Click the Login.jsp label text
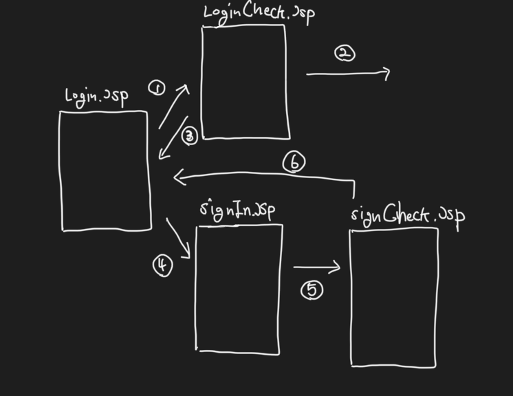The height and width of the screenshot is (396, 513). pyautogui.click(x=96, y=96)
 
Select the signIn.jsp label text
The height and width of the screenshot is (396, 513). pyautogui.click(x=238, y=209)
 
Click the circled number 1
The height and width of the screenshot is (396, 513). pyautogui.click(x=157, y=88)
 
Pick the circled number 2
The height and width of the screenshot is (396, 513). pyautogui.click(x=345, y=53)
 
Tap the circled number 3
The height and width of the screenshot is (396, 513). pyautogui.click(x=190, y=136)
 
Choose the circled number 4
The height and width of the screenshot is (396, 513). pyautogui.click(x=162, y=265)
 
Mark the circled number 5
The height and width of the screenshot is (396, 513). pyautogui.click(x=312, y=291)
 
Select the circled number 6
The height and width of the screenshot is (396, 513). pyautogui.click(x=294, y=162)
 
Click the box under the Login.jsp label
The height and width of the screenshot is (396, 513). pyautogui.click(x=105, y=170)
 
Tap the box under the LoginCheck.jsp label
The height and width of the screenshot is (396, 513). pyautogui.click(x=245, y=82)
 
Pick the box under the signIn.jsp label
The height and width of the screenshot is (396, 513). pyautogui.click(x=239, y=289)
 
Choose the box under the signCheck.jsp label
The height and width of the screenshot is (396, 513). pyautogui.click(x=393, y=298)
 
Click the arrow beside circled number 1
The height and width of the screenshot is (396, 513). pyautogui.click(x=174, y=107)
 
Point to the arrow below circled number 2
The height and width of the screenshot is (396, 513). pyautogui.click(x=348, y=72)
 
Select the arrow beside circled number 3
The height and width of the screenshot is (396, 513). pyautogui.click(x=173, y=139)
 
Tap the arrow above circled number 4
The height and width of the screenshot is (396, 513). pyautogui.click(x=178, y=239)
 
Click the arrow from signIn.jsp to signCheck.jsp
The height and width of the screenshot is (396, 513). pyautogui.click(x=316, y=267)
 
